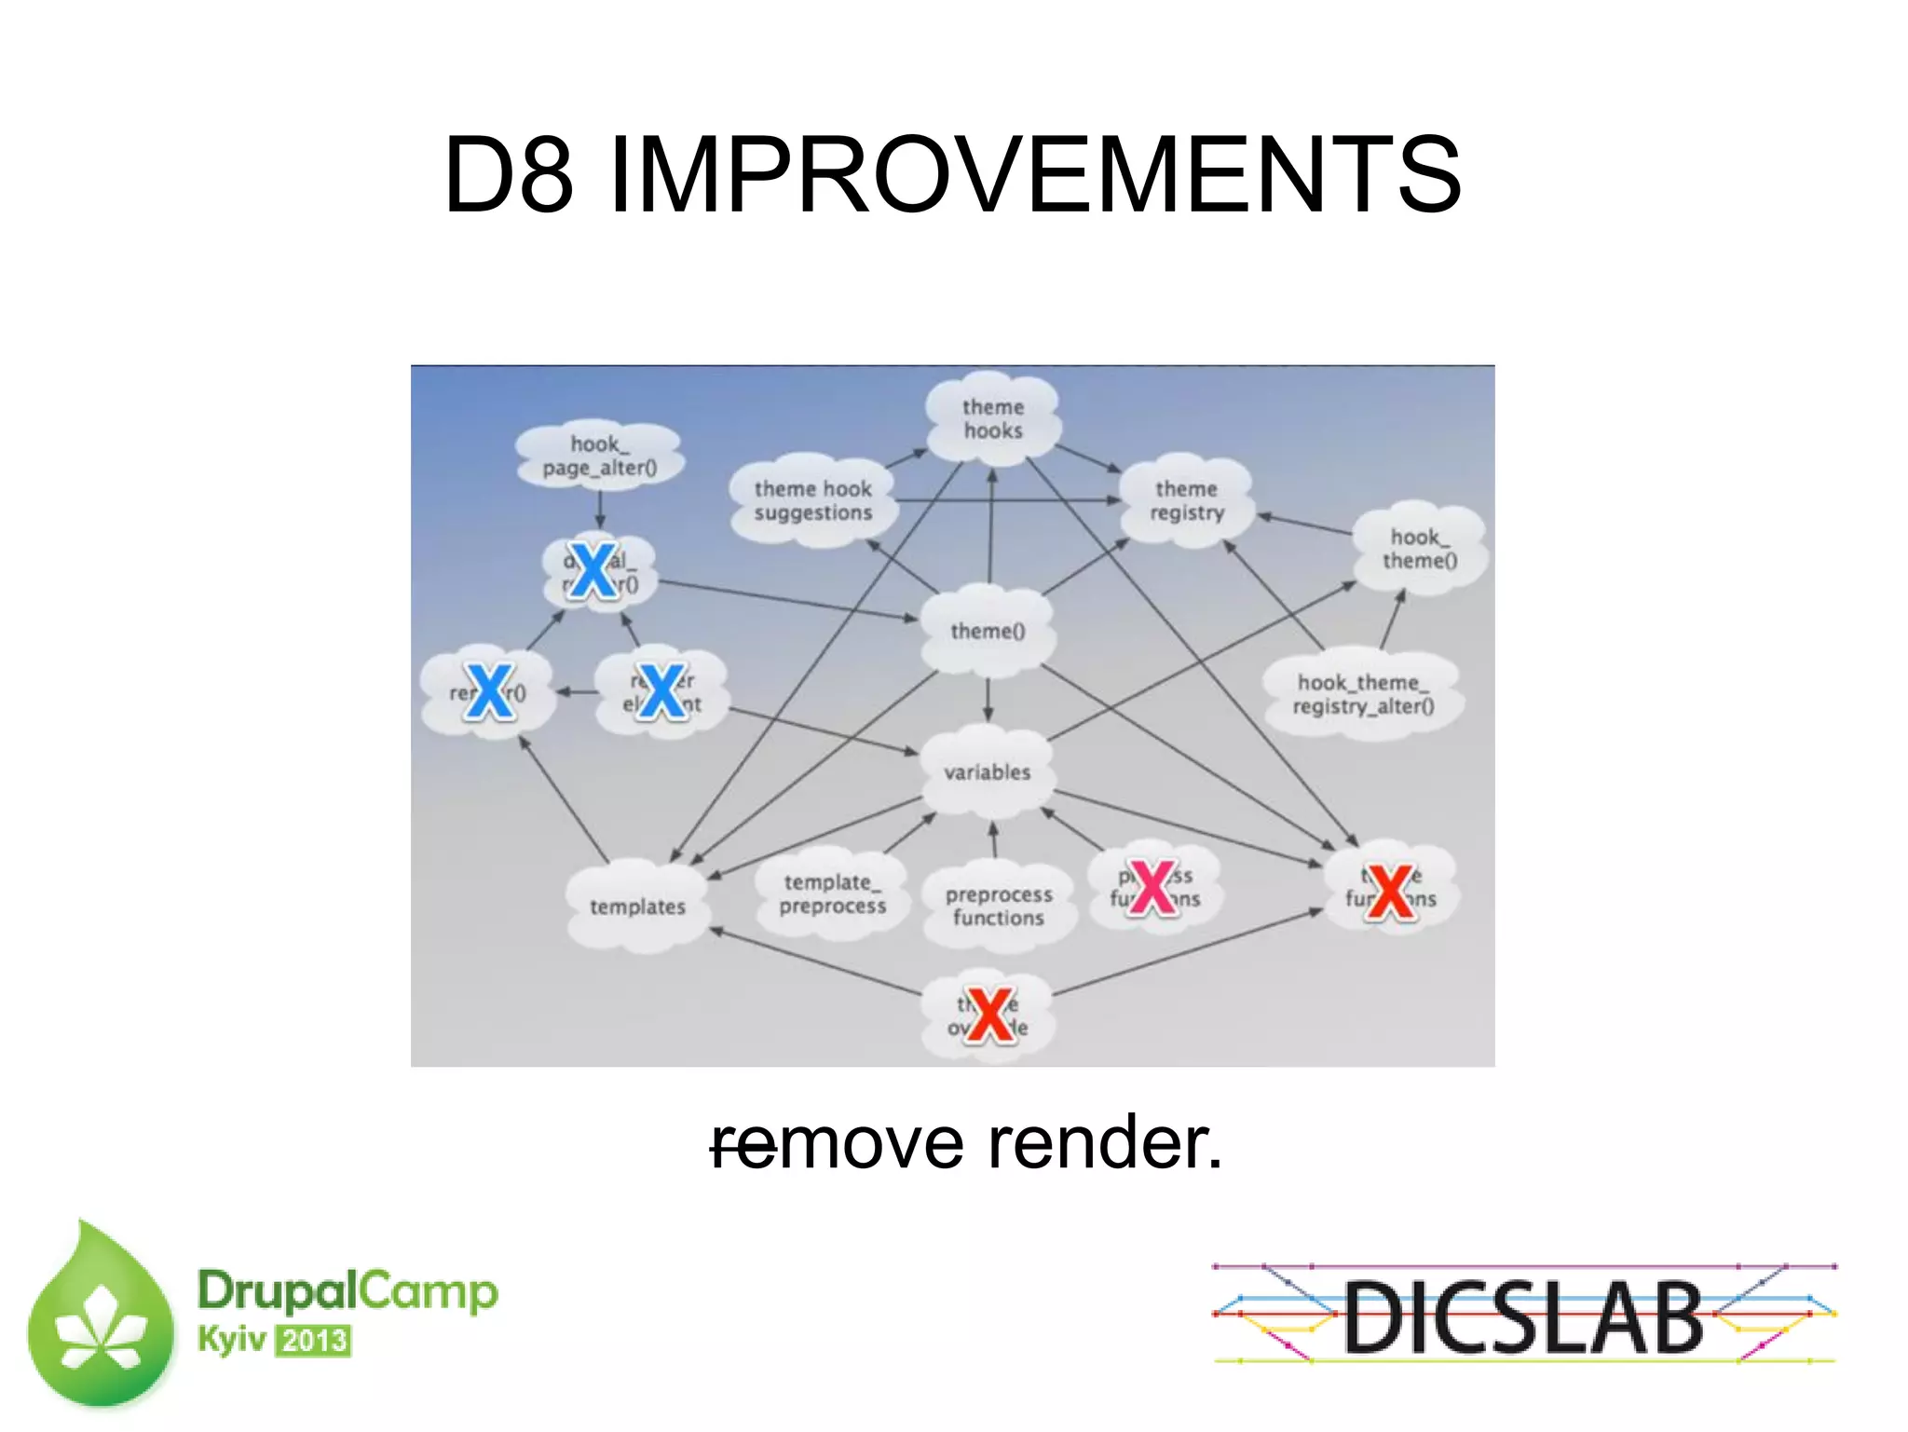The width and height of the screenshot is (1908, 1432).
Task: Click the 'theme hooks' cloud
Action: coord(992,419)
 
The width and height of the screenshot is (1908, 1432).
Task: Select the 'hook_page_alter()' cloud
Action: coord(599,456)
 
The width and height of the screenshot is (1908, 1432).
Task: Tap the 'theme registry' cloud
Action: coord(1186,500)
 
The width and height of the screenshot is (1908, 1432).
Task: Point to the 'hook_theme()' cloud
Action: coord(1419,549)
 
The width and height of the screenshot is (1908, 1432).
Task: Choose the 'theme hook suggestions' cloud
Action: coord(812,500)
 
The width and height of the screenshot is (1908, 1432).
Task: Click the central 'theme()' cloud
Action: coord(988,631)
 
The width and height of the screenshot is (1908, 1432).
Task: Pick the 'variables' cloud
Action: coord(988,772)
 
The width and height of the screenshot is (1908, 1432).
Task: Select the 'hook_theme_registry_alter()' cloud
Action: coord(1362,694)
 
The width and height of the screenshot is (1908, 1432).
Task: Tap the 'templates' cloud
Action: coord(637,907)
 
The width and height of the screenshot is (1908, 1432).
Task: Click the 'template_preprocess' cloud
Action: coord(832,893)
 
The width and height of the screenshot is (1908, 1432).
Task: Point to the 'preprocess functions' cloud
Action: coord(998,906)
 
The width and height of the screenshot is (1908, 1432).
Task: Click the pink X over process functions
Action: coord(1153,887)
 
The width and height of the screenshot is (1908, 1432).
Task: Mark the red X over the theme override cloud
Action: coord(989,1015)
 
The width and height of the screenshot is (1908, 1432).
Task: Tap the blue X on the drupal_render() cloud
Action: coord(593,569)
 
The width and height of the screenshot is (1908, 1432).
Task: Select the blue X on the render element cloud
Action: coord(662,691)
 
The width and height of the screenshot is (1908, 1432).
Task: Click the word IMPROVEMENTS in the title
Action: coord(1034,174)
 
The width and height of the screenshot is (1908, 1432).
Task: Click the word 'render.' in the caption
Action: coord(1105,1142)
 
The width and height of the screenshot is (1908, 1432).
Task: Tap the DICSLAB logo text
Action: coord(1522,1316)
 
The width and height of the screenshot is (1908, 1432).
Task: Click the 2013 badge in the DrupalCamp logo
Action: coord(315,1341)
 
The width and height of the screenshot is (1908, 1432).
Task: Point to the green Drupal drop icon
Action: coord(101,1318)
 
